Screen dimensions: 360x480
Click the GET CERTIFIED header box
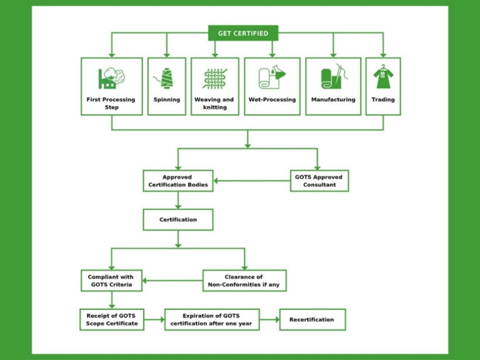(x=243, y=33)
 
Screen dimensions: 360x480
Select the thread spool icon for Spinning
(x=166, y=78)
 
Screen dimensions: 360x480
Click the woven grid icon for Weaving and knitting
(x=214, y=78)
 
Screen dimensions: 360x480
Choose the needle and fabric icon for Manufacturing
(x=333, y=78)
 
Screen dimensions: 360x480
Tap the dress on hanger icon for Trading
(x=382, y=77)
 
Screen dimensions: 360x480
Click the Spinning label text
(x=166, y=99)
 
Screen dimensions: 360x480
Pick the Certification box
(x=178, y=219)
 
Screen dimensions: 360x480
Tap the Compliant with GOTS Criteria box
(x=112, y=280)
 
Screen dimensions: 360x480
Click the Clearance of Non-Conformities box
(x=244, y=280)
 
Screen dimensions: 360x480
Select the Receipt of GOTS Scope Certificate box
(x=112, y=319)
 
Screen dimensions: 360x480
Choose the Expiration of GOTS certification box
(x=212, y=319)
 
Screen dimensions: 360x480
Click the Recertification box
(x=312, y=319)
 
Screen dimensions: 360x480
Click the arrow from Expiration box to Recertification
(x=269, y=319)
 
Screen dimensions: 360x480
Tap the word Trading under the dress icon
(x=383, y=99)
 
